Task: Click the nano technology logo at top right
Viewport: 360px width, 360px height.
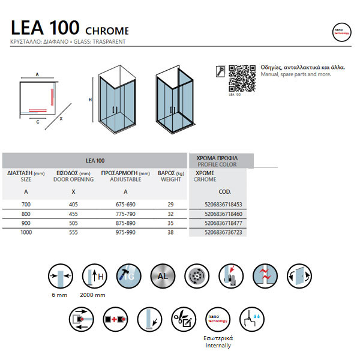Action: click(341, 32)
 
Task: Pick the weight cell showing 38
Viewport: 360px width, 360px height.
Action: click(170, 232)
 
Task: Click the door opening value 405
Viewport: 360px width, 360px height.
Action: click(73, 205)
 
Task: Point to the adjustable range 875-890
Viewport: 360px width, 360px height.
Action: click(125, 223)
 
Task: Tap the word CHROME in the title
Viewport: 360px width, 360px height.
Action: click(107, 31)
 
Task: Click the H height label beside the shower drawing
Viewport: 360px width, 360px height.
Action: click(90, 100)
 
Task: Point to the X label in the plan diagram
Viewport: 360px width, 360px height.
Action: click(61, 119)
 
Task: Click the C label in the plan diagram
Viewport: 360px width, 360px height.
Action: click(37, 121)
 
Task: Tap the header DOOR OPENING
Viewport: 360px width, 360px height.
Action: click(73, 179)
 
